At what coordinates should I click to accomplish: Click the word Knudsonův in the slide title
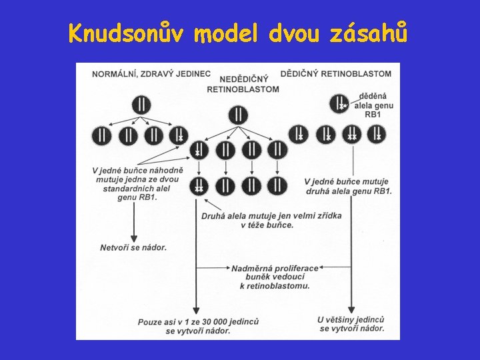click(x=127, y=33)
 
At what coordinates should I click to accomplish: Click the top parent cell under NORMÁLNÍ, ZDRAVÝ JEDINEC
click(x=141, y=104)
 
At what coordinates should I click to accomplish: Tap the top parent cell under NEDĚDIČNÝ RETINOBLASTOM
click(x=238, y=115)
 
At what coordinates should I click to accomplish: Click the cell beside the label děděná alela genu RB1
click(x=340, y=104)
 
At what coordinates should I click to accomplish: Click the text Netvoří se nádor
click(x=133, y=247)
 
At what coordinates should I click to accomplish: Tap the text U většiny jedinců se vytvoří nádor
click(x=351, y=324)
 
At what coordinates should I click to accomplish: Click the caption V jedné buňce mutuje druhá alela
click(x=348, y=186)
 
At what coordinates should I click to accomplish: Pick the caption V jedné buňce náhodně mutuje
click(x=137, y=183)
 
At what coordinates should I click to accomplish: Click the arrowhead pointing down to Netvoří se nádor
click(x=133, y=239)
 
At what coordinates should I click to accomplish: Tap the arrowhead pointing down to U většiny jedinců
click(x=351, y=310)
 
